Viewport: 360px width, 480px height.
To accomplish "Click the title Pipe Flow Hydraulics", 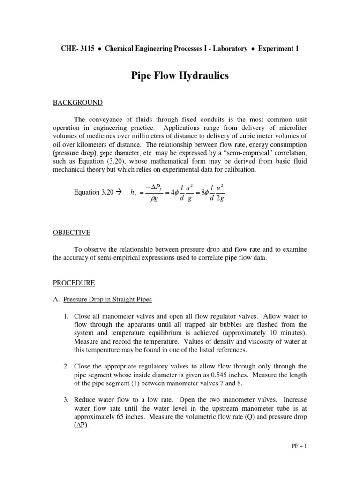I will [180, 75].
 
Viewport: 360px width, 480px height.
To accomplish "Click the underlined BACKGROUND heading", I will [77, 103].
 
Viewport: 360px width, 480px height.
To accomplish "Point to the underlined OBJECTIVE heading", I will [71, 232].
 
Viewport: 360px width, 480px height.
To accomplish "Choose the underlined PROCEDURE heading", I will [74, 283].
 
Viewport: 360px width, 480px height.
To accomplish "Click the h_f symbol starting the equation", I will [133, 193].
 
